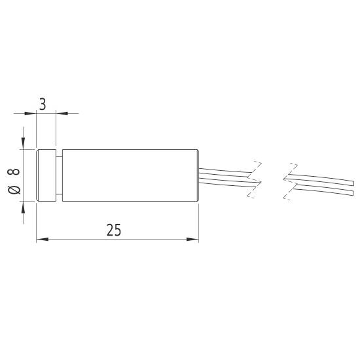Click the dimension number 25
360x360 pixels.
[x=113, y=230]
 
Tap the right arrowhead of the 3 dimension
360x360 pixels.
[x=60, y=113]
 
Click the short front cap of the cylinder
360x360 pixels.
[x=46, y=175]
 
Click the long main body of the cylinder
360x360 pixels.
[x=131, y=175]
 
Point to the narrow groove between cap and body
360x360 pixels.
[x=60, y=175]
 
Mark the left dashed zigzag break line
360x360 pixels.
[x=254, y=179]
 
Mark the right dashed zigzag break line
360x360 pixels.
[x=289, y=179]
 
